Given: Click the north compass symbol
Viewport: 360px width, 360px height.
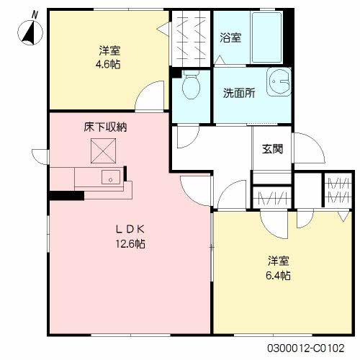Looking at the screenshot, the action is (x=30, y=32).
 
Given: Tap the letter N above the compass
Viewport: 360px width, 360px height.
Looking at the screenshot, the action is (x=35, y=15).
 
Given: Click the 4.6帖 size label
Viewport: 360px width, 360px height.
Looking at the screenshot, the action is (x=108, y=64).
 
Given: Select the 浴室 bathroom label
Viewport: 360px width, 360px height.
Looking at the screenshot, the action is (x=230, y=37).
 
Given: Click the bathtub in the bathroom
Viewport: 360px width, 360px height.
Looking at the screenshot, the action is (x=266, y=37).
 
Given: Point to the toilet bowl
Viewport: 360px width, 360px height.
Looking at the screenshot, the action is (x=192, y=85).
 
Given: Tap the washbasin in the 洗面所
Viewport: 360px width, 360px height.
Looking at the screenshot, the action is (x=279, y=82).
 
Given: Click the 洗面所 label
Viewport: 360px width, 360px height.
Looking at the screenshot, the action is (x=239, y=93).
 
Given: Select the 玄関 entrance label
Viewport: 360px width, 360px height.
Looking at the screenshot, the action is (x=272, y=149).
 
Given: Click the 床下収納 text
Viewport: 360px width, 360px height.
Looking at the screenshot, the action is (x=105, y=127).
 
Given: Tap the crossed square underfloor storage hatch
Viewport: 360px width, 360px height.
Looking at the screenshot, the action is (x=103, y=151).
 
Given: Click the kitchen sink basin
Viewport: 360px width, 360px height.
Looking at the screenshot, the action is (x=111, y=177).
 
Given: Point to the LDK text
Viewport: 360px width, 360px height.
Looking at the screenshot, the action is (x=130, y=230).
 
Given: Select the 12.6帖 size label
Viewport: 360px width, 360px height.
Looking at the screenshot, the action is (x=130, y=244).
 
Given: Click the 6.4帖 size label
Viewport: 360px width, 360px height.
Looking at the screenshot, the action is (x=278, y=275).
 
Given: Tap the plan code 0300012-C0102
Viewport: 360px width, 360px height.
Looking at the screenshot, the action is (x=306, y=348).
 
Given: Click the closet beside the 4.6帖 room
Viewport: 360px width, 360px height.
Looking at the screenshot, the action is (x=191, y=38).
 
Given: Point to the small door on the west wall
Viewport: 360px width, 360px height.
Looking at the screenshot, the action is (x=40, y=157).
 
